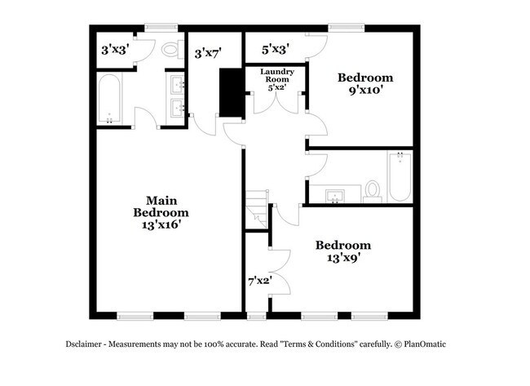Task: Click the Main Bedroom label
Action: (162, 206)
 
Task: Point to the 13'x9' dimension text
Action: (343, 258)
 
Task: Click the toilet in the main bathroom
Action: (171, 49)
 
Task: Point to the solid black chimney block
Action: (232, 92)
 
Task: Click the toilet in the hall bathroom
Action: (373, 189)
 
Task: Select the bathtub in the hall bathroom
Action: (400, 177)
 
